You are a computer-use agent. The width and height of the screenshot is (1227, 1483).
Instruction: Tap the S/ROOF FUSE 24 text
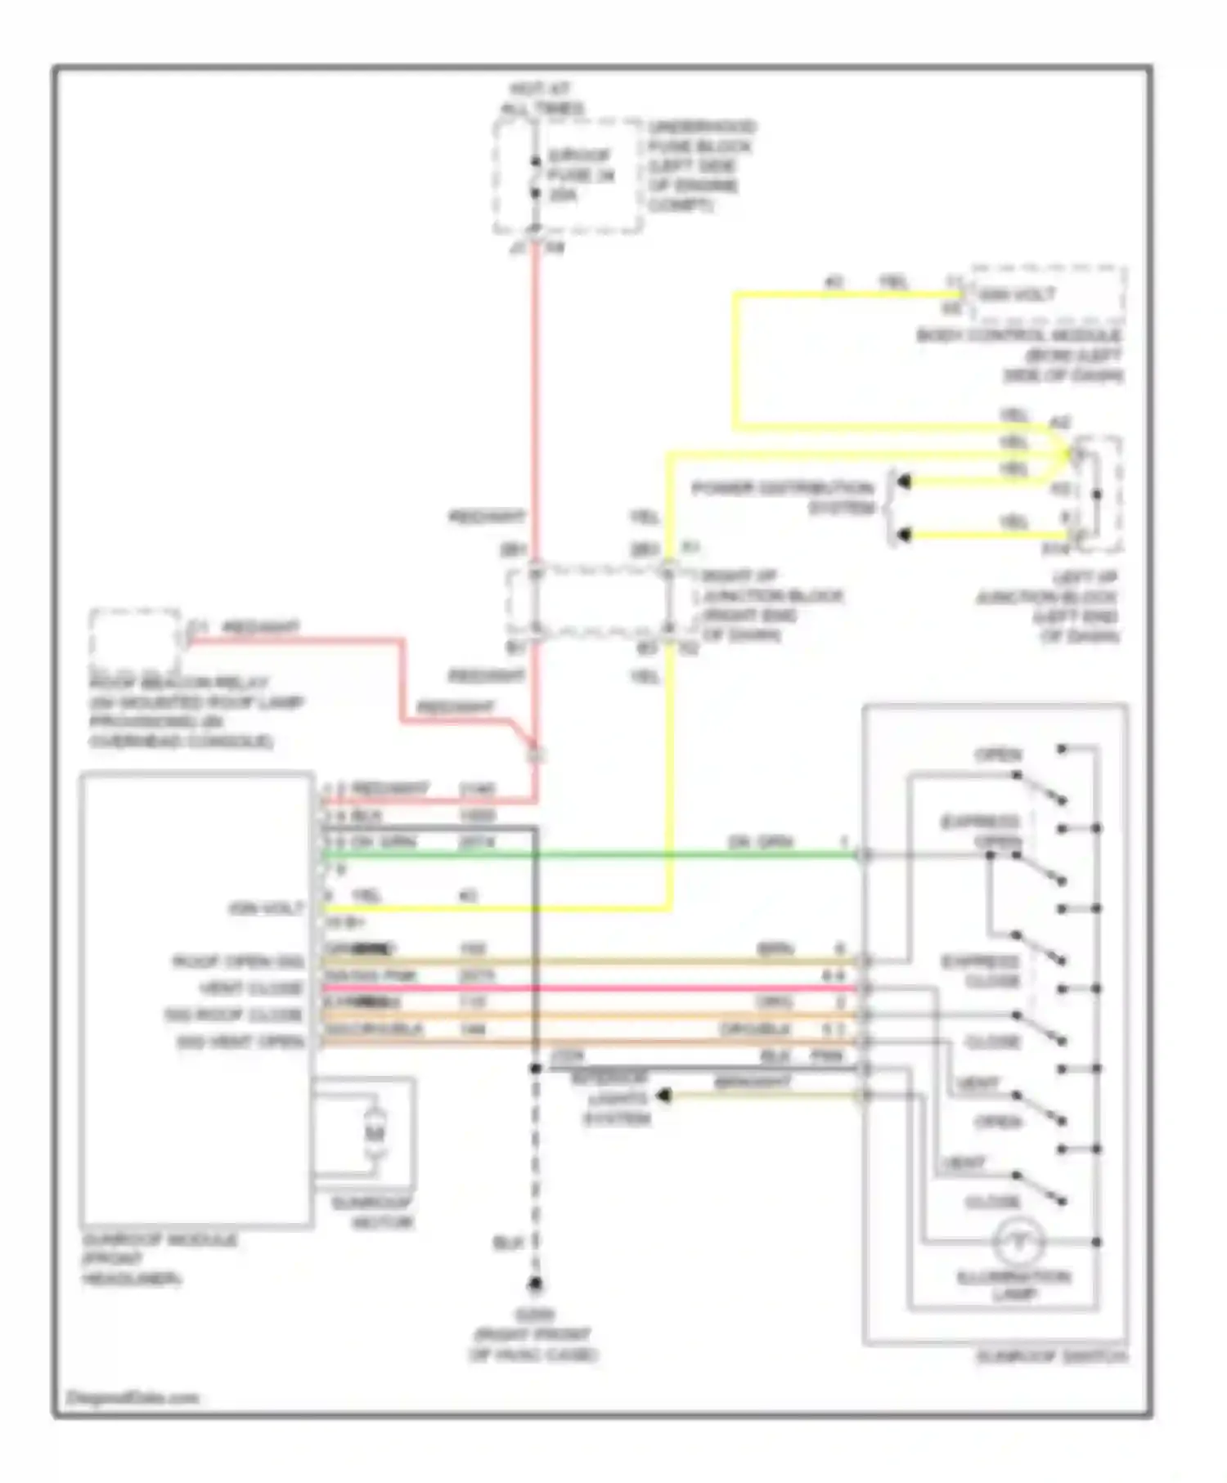point(580,175)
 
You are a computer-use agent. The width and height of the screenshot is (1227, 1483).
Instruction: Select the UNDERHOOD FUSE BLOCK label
point(701,166)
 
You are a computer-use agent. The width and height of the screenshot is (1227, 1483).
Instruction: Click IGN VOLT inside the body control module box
point(1018,294)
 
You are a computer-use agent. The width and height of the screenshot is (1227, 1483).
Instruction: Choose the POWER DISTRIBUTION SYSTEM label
point(783,498)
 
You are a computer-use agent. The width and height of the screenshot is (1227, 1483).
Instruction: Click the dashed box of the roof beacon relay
point(135,639)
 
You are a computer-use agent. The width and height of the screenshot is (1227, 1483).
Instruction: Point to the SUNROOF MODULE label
point(160,1259)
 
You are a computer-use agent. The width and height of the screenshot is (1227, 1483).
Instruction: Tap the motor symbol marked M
point(374,1132)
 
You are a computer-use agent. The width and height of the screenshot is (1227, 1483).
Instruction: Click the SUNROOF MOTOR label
point(372,1213)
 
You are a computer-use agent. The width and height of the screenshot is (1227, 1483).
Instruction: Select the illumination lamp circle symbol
point(1018,1243)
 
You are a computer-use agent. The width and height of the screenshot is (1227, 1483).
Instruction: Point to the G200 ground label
point(534,1335)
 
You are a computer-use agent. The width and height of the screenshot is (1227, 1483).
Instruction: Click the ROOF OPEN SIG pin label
point(237,961)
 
